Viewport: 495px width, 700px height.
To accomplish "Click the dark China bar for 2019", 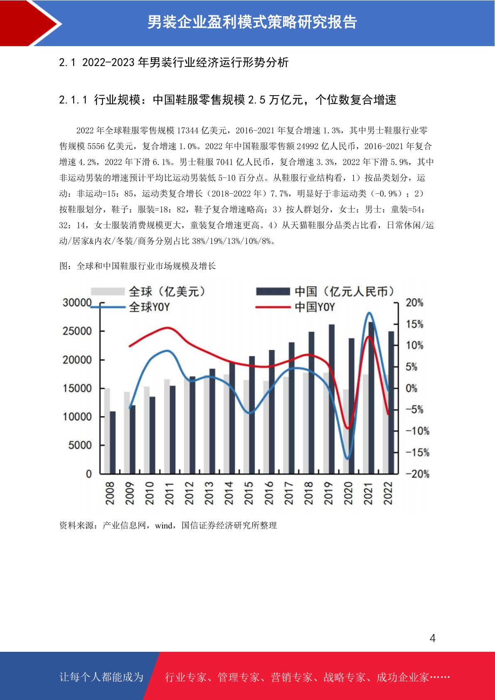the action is pos(332,399).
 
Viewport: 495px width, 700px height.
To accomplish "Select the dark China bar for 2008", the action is pos(113,443).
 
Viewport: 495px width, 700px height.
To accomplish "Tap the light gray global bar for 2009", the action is pos(127,433).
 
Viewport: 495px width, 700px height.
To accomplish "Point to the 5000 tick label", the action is pos(80,445).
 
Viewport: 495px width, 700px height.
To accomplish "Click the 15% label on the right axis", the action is pos(414,324).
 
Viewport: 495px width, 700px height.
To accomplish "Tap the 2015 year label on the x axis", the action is pos(249,493).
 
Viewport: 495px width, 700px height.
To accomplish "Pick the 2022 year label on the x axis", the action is pos(388,493).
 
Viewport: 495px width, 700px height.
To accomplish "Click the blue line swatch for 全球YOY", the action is pos(108,307).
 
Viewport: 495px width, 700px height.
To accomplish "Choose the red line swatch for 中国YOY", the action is pos(273,307).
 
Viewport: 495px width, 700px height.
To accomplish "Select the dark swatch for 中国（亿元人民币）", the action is pos(273,291).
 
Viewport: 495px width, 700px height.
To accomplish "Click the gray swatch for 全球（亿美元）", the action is pos(108,291).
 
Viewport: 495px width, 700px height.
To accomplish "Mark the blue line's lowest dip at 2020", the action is pos(348,459).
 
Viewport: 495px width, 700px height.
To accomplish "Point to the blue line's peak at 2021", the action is pos(369,313).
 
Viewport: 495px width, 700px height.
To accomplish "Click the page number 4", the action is pos(433,638).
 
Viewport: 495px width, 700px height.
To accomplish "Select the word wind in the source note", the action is pos(163,526).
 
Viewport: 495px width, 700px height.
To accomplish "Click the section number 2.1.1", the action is pos(73,100).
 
